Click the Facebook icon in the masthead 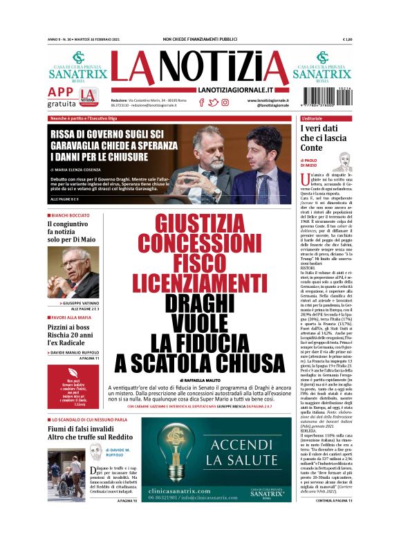click(x=201, y=102)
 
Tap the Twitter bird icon click(x=213, y=102)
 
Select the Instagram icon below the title click(x=225, y=102)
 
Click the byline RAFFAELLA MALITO click(x=200, y=381)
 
